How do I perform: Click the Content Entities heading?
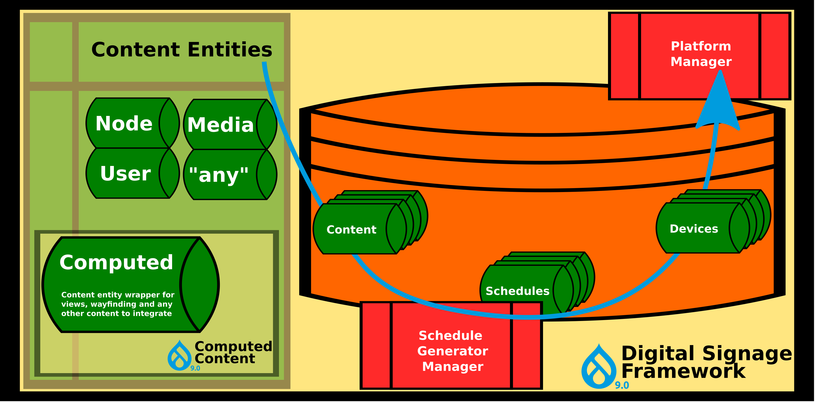[182, 50]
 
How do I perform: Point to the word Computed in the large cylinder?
[116, 263]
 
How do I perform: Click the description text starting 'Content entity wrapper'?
[118, 304]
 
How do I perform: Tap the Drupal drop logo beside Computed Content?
[179, 356]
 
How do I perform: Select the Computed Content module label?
[233, 353]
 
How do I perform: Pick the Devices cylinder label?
[694, 229]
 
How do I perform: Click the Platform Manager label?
[701, 54]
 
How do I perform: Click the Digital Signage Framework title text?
[706, 362]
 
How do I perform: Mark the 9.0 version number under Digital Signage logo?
[622, 385]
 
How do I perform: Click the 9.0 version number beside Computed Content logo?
[195, 368]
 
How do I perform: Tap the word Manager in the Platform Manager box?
[701, 62]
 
